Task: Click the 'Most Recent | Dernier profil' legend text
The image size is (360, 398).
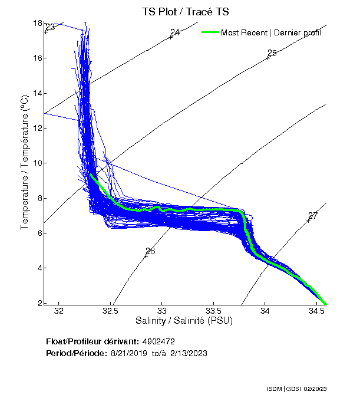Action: click(271, 32)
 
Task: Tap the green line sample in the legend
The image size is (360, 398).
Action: click(210, 32)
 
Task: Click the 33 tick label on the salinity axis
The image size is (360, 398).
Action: click(162, 310)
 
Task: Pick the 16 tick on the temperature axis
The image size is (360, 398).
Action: click(37, 58)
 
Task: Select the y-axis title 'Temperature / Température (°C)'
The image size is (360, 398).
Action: click(25, 163)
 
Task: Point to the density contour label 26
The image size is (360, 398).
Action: click(150, 251)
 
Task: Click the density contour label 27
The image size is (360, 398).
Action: click(313, 216)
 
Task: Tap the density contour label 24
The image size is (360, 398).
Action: click(175, 32)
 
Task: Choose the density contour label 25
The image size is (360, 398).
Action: click(272, 53)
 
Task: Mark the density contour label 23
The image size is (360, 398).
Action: click(50, 27)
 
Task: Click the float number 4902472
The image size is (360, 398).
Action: click(158, 342)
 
